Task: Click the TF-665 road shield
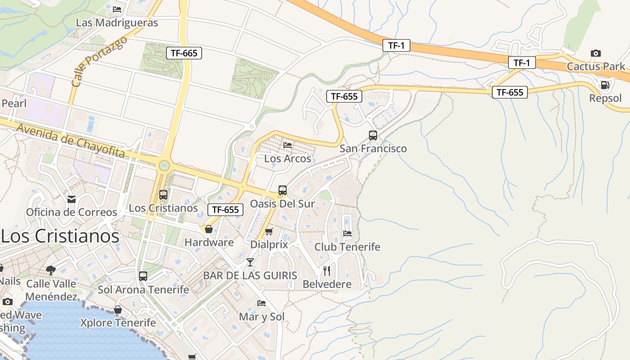[x=184, y=53]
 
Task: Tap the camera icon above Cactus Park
[x=595, y=54]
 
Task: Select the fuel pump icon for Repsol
[x=605, y=85]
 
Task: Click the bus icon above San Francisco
[x=373, y=135]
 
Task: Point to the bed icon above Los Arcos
[x=288, y=145]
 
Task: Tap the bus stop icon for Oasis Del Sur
[x=282, y=190]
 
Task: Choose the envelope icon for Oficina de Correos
[x=71, y=199]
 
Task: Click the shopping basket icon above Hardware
[x=209, y=229]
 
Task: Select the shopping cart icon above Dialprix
[x=269, y=232]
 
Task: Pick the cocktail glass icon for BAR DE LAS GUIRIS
[x=250, y=262]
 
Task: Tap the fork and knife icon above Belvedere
[x=327, y=271]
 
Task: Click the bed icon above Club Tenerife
[x=347, y=234]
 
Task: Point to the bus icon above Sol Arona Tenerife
[x=143, y=276]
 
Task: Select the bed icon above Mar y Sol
[x=261, y=303]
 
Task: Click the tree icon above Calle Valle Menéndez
[x=51, y=270]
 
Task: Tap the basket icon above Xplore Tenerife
[x=117, y=310]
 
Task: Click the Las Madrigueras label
[x=117, y=22]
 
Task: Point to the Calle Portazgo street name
[x=99, y=62]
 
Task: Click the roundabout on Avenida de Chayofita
[x=164, y=166]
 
